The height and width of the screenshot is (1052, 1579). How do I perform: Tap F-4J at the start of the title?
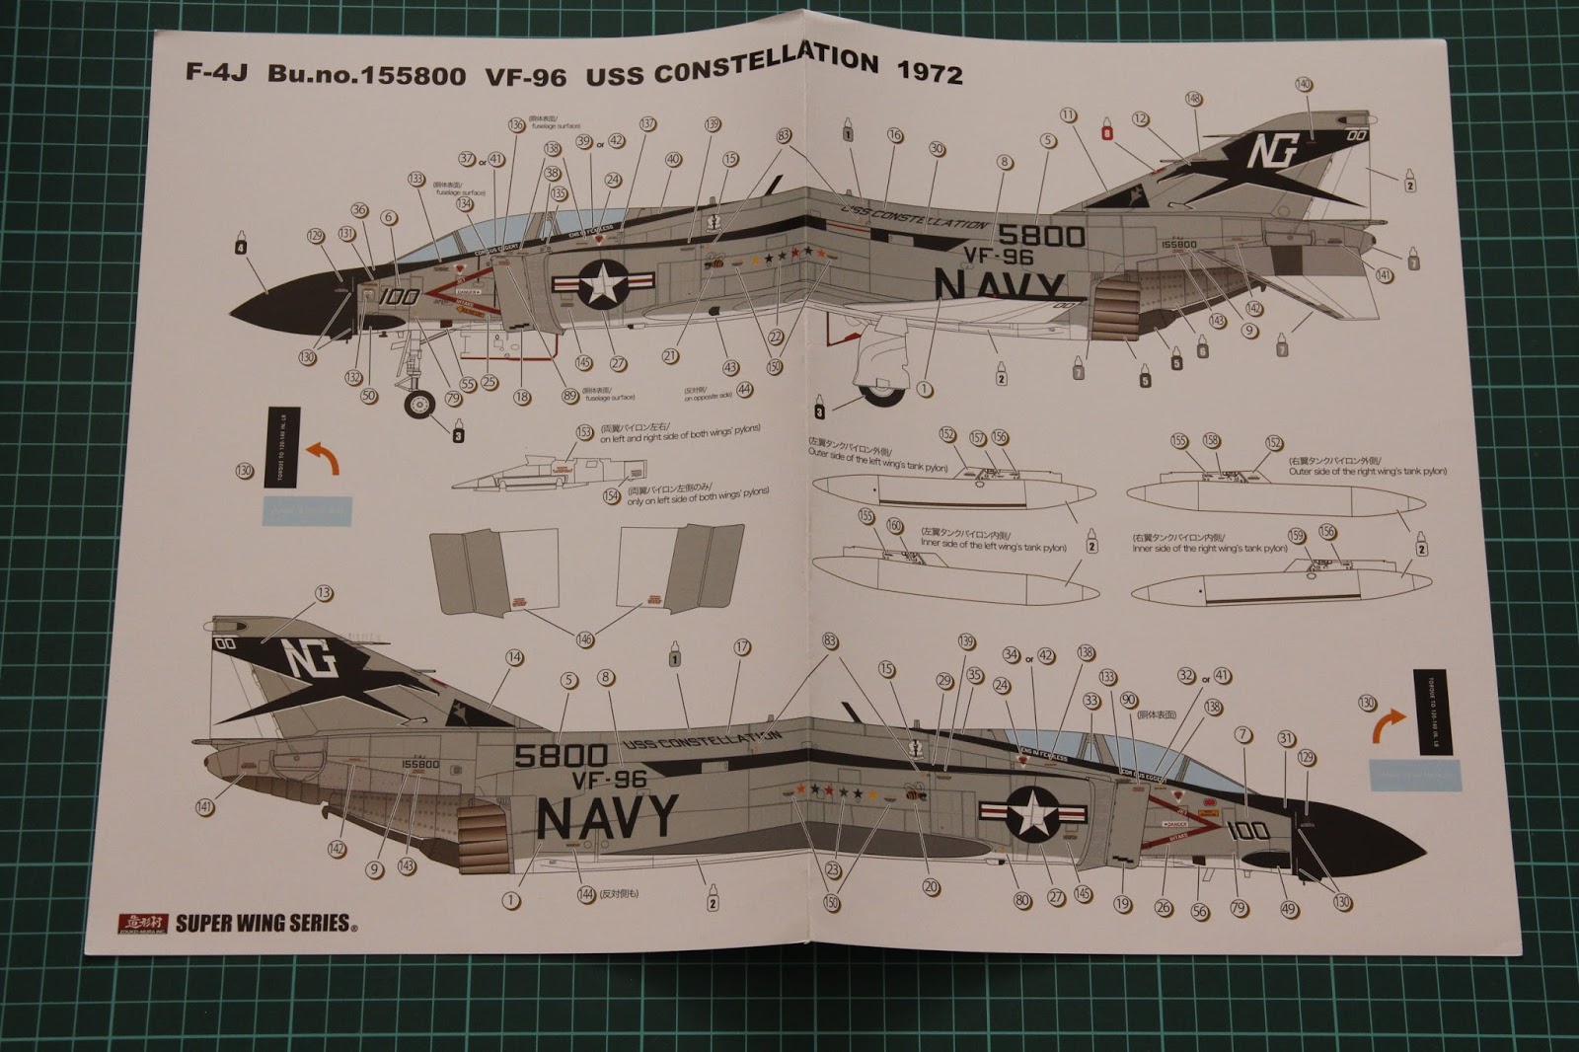point(218,75)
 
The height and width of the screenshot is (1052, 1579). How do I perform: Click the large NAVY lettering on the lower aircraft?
point(607,814)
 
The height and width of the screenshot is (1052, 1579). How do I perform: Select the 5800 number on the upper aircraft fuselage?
point(1041,235)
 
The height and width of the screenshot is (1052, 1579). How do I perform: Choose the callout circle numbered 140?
point(1304,85)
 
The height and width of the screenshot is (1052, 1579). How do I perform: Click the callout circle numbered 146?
point(584,640)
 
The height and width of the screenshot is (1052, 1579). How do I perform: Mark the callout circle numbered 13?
point(324,593)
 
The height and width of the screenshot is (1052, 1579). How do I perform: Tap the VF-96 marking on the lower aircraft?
point(609,779)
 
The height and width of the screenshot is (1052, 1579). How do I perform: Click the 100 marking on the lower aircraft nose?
point(1248,831)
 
